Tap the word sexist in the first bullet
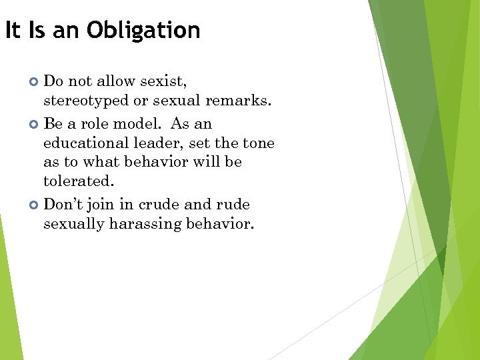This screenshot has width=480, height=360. click(162, 81)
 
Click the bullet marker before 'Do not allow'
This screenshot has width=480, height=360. click(35, 82)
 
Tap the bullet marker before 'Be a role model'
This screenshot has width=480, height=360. click(35, 124)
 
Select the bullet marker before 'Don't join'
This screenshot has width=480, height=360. click(35, 205)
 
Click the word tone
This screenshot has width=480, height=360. click(259, 143)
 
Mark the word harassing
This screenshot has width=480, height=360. click(141, 223)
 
